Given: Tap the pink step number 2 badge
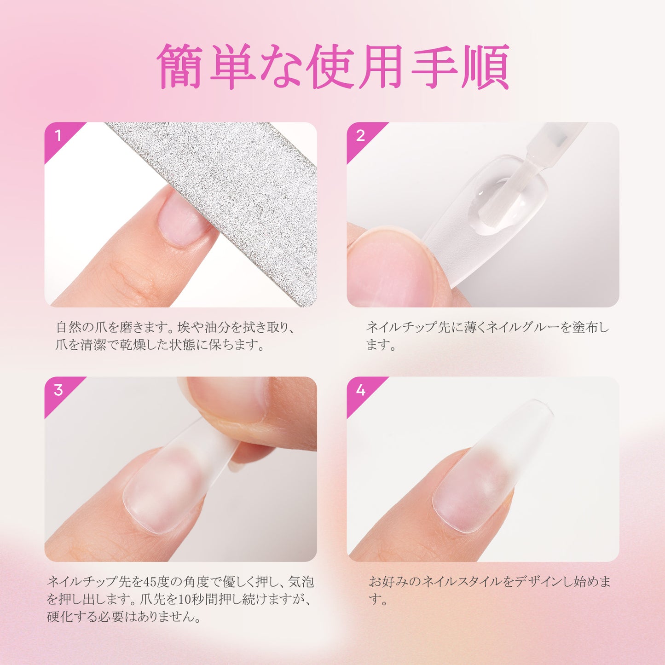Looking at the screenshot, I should pyautogui.click(x=360, y=136).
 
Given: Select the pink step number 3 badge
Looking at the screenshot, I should pyautogui.click(x=58, y=391).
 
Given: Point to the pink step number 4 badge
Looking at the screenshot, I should pyautogui.click(x=360, y=391).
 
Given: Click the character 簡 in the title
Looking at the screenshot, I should pyautogui.click(x=179, y=67).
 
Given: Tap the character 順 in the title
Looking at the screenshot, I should pyautogui.click(x=486, y=67).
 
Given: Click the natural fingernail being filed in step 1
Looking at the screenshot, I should pyautogui.click(x=182, y=219).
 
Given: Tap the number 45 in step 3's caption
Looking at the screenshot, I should pyautogui.click(x=150, y=582).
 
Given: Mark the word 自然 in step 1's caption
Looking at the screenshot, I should pyautogui.click(x=68, y=328).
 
